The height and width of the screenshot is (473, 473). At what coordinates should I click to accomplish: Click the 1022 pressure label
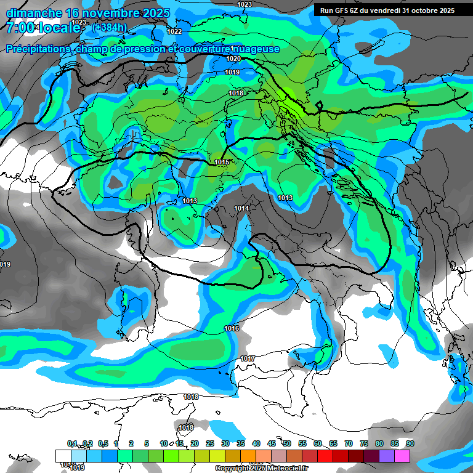[174, 31]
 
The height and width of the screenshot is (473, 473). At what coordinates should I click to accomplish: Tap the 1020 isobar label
[233, 59]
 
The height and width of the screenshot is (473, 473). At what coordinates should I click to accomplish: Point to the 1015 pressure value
[222, 162]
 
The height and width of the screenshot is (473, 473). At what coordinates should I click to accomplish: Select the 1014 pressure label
[241, 209]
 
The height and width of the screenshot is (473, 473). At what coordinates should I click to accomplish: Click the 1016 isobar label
[232, 329]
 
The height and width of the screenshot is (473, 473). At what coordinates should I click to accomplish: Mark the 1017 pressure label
[248, 358]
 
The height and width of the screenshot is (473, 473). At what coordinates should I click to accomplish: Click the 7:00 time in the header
[19, 28]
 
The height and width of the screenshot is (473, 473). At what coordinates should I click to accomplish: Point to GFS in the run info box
[335, 10]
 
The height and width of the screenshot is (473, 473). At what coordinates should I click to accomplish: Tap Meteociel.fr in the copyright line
[291, 468]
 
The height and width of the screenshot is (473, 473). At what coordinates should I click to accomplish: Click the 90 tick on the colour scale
[410, 443]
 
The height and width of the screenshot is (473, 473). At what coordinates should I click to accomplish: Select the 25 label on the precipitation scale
[209, 443]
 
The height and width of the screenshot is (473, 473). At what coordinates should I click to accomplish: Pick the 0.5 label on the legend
[102, 443]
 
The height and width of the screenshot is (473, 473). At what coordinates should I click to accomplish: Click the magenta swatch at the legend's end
[402, 456]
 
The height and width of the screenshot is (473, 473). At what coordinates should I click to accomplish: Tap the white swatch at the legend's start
[63, 456]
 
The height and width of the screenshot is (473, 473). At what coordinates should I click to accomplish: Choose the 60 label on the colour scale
[317, 443]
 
